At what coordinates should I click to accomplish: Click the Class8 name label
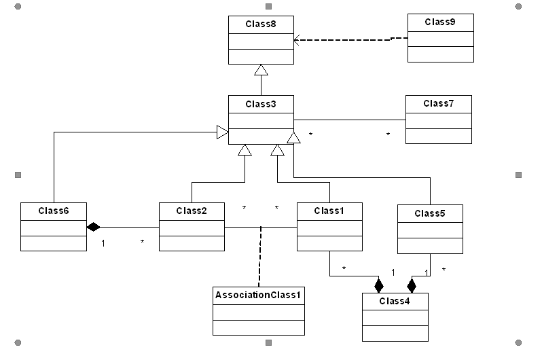(261, 24)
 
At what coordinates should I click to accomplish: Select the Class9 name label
(440, 22)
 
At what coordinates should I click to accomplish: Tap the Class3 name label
(261, 103)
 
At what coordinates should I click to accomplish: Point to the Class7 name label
(438, 103)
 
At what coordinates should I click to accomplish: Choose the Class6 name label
(54, 211)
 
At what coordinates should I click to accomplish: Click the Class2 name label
(192, 211)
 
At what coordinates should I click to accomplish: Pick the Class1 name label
(329, 211)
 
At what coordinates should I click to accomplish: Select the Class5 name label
(430, 213)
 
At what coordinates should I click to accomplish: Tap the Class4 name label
(395, 300)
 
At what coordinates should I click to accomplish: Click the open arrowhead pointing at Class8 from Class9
(297, 41)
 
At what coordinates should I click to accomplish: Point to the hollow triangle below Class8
(261, 70)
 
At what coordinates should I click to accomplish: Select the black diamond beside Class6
(93, 227)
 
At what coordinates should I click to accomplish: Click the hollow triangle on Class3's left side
(221, 132)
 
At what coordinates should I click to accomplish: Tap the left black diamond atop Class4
(378, 285)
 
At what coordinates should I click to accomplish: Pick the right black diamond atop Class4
(411, 285)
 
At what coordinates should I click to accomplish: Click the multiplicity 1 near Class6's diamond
(103, 242)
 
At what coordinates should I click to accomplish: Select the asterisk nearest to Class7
(388, 134)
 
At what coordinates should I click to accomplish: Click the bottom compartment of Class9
(440, 54)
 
